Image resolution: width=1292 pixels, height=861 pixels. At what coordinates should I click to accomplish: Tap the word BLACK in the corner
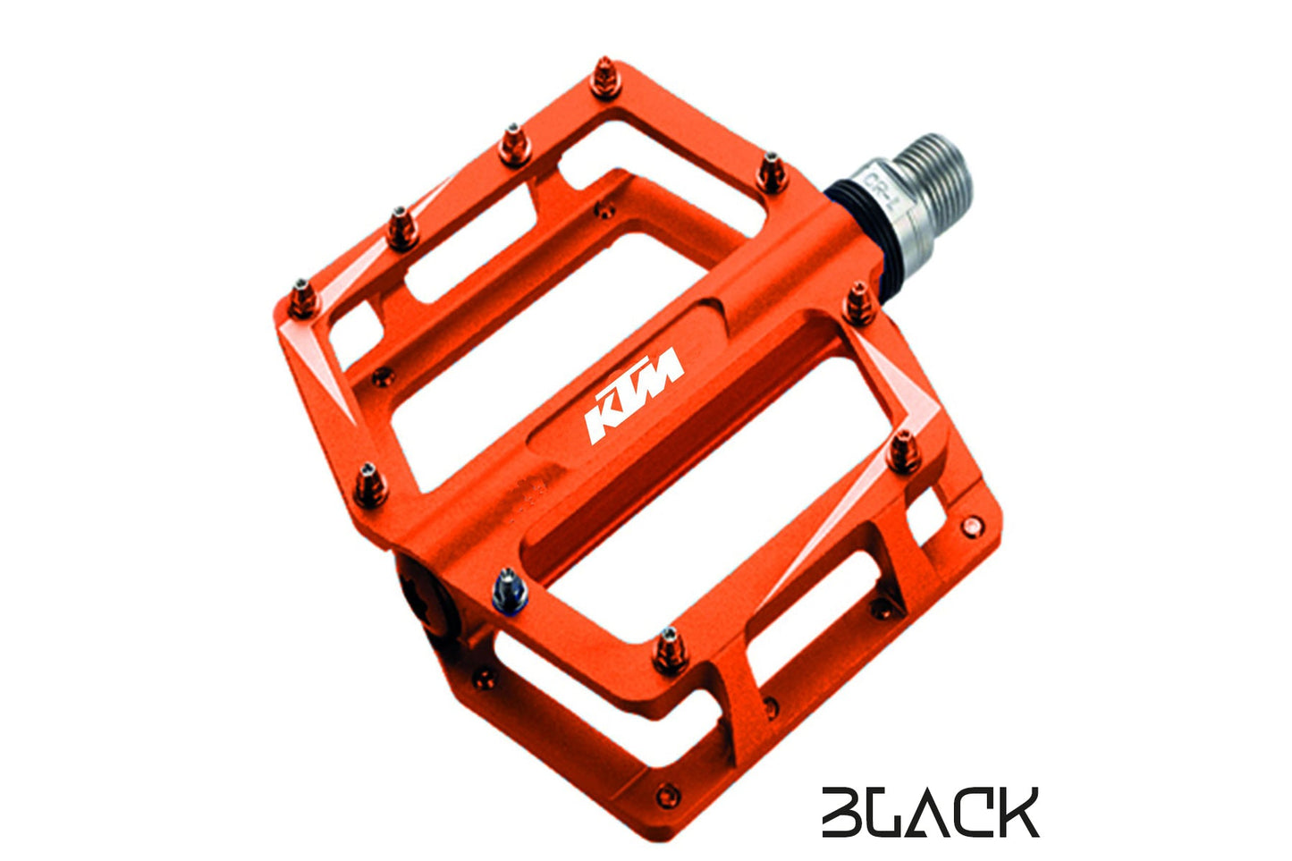pyautogui.click(x=930, y=812)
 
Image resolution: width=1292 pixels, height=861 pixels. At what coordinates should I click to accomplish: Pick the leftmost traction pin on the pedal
pyautogui.click(x=304, y=297)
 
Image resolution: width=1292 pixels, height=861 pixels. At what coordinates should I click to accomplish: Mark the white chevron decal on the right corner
pyautogui.click(x=903, y=384)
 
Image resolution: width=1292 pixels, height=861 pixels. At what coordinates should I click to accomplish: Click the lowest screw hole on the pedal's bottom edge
pyautogui.click(x=666, y=792)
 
